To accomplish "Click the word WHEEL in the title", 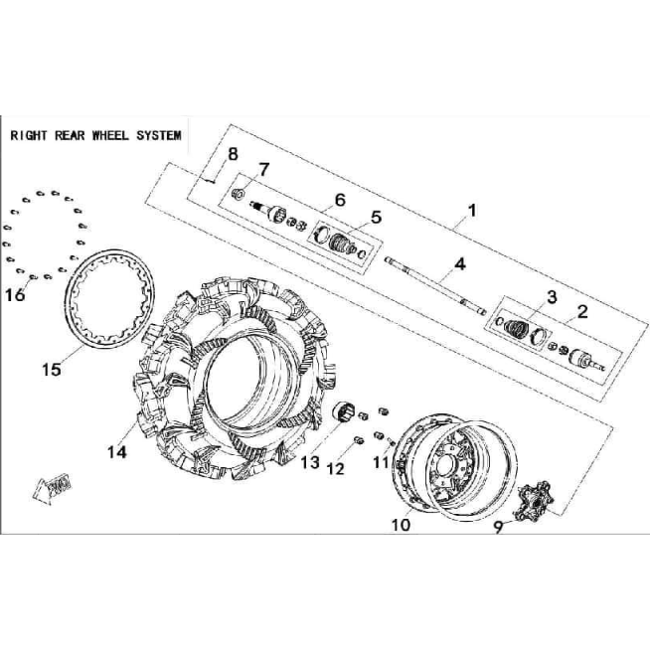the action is [x=110, y=135].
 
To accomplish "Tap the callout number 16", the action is [x=15, y=295].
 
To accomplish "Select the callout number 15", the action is [x=52, y=370].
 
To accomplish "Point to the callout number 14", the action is [x=117, y=452].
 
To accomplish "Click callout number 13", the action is [x=310, y=462].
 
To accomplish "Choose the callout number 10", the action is [x=401, y=525].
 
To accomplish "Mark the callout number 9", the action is [x=498, y=527].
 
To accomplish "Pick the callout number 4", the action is [x=460, y=264].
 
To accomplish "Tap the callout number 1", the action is [x=472, y=211].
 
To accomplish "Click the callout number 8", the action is [x=233, y=155].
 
